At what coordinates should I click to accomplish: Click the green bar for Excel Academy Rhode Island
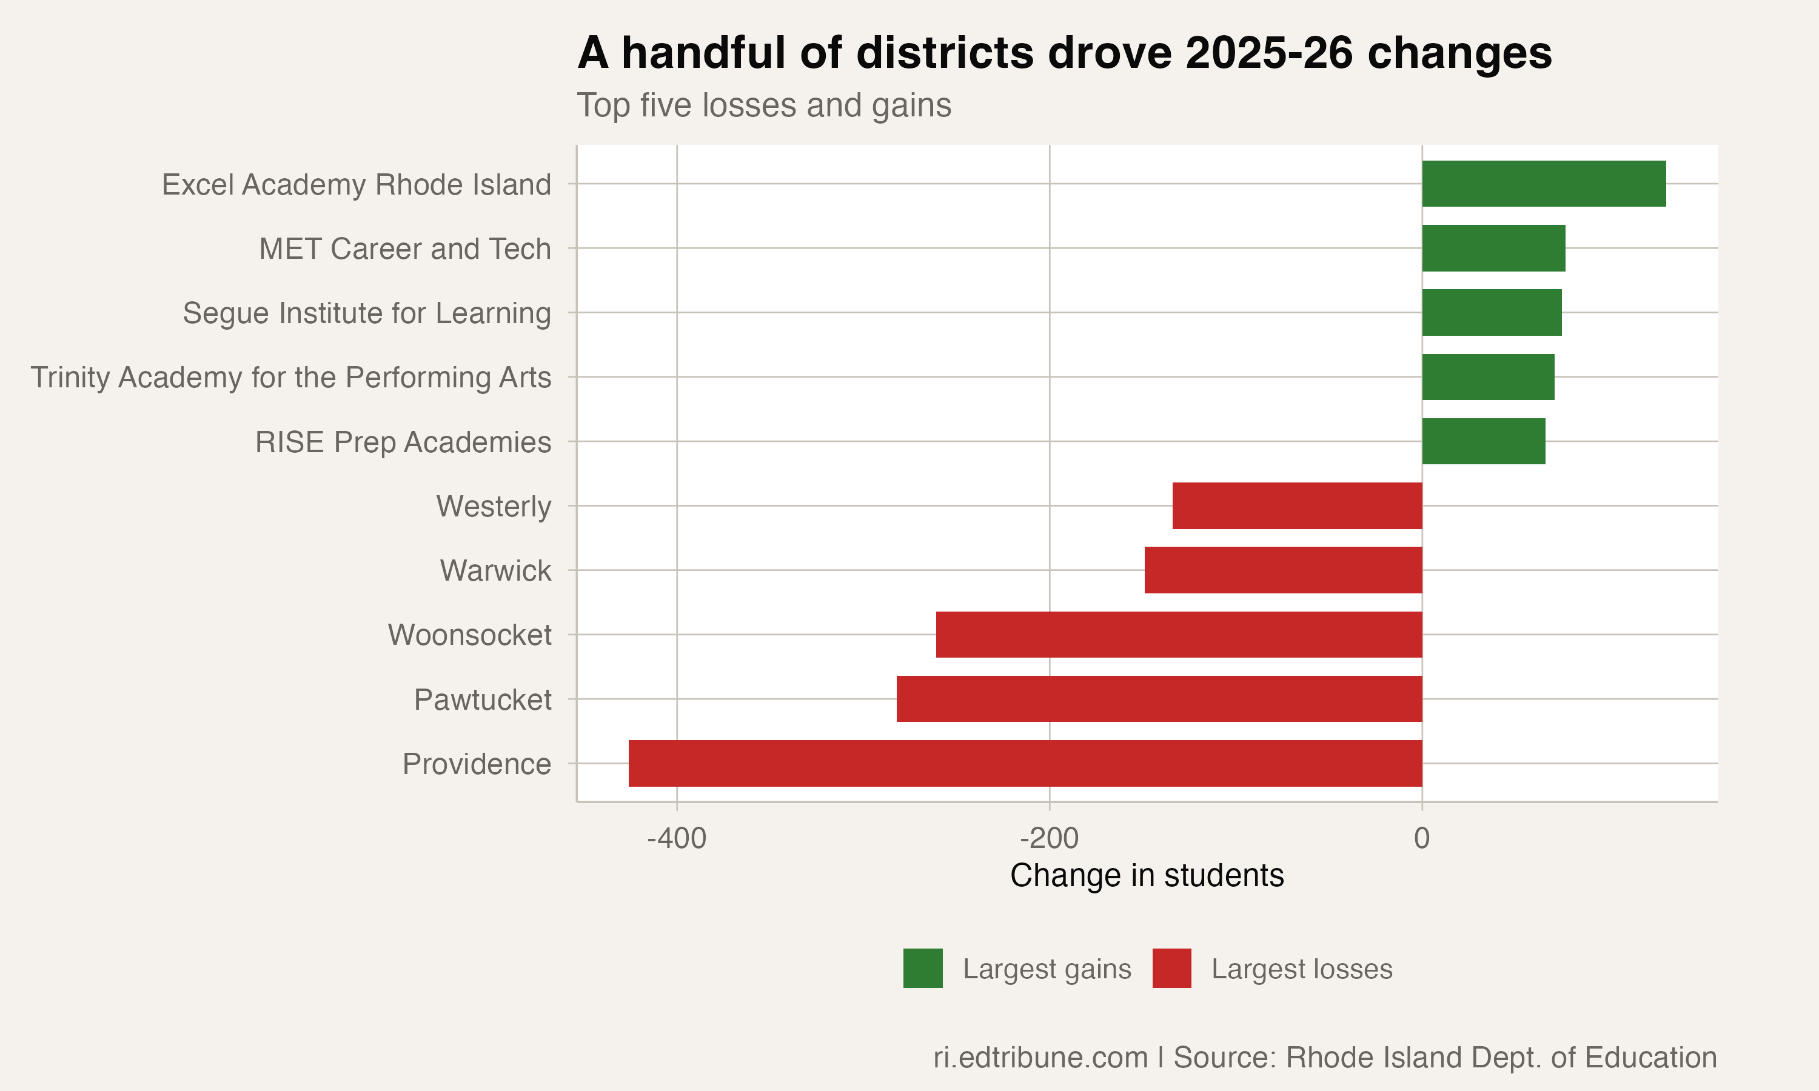(1543, 184)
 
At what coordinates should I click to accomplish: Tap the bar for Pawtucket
(1159, 698)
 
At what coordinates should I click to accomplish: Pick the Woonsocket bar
(1179, 635)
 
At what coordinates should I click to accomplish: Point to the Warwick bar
(1283, 570)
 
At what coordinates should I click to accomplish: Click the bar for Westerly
(1297, 506)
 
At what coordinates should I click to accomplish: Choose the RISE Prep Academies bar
(1483, 441)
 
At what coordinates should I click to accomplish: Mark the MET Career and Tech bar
(1493, 249)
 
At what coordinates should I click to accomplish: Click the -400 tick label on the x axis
(677, 838)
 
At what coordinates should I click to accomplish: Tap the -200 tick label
(1049, 838)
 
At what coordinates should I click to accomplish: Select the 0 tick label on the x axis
(1421, 838)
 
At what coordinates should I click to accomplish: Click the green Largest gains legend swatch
(923, 968)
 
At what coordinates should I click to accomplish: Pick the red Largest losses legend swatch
(1171, 968)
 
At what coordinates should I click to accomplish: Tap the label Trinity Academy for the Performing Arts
(290, 377)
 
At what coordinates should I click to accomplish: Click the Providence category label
(477, 764)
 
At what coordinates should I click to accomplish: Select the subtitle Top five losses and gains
(763, 105)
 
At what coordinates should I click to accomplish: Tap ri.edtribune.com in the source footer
(1040, 1057)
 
